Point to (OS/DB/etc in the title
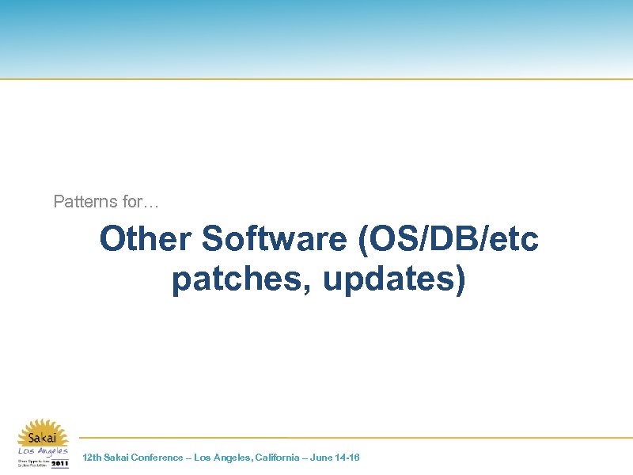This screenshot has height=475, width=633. pos(449,239)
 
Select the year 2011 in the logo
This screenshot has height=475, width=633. pos(59,463)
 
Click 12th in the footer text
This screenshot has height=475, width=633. pos(92,458)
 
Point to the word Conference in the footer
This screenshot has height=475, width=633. pos(157,458)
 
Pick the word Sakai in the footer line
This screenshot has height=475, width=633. pos(117,458)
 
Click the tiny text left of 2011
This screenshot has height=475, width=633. pos(33,463)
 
